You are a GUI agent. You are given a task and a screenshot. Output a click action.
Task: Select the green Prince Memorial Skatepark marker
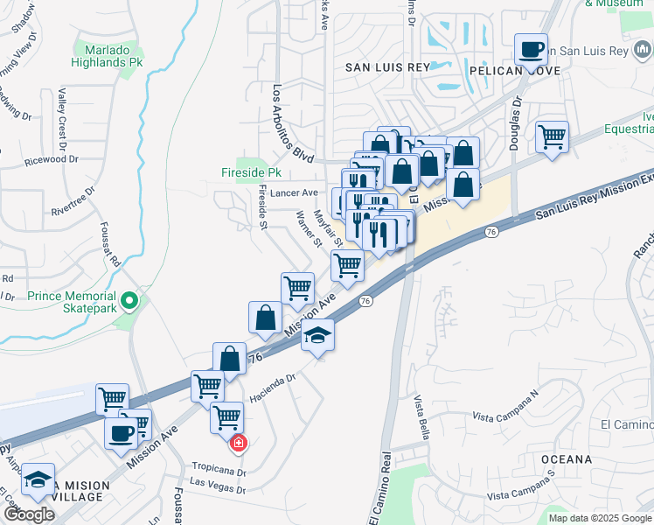click(130, 303)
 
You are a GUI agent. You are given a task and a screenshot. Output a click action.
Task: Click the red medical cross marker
click(237, 444)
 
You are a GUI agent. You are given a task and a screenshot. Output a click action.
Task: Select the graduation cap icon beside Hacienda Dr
click(318, 335)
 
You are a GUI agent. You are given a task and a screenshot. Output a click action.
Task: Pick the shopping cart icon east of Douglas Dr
click(552, 136)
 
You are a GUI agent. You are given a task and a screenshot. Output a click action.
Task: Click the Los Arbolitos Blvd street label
click(292, 124)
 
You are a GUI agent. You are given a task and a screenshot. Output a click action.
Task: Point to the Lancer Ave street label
click(294, 192)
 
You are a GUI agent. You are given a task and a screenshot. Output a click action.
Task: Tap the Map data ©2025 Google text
click(599, 518)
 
